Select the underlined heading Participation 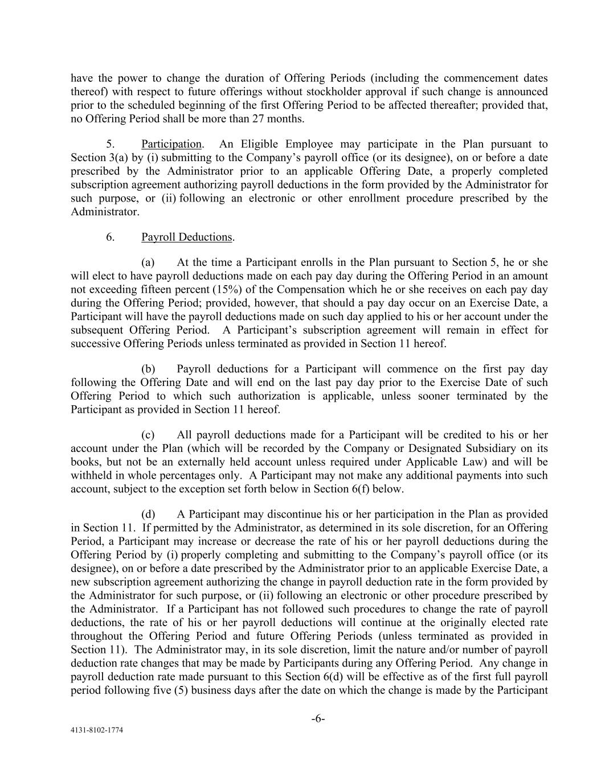coord(171,144)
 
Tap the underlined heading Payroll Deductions coord(187,237)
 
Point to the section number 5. coord(110,144)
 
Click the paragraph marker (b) coord(148,369)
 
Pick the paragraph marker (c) coord(148,435)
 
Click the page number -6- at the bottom coord(318,718)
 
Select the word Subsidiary coord(490,449)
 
